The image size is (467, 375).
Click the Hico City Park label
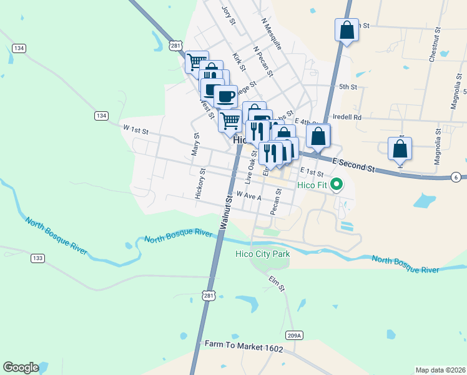point(262,254)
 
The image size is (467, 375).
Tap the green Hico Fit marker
point(337,184)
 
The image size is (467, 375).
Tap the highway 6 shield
point(455,177)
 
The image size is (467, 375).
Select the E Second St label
point(353,165)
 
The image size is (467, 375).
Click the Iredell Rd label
point(348,117)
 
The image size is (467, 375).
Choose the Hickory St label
point(199,184)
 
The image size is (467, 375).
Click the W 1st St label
point(135,131)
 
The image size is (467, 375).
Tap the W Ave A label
point(248,197)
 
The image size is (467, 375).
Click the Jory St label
point(229,16)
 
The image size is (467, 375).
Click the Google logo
point(20,367)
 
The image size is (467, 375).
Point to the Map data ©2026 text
point(440,370)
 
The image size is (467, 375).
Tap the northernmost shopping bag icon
point(347,30)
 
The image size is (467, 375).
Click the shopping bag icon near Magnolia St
point(400,149)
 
